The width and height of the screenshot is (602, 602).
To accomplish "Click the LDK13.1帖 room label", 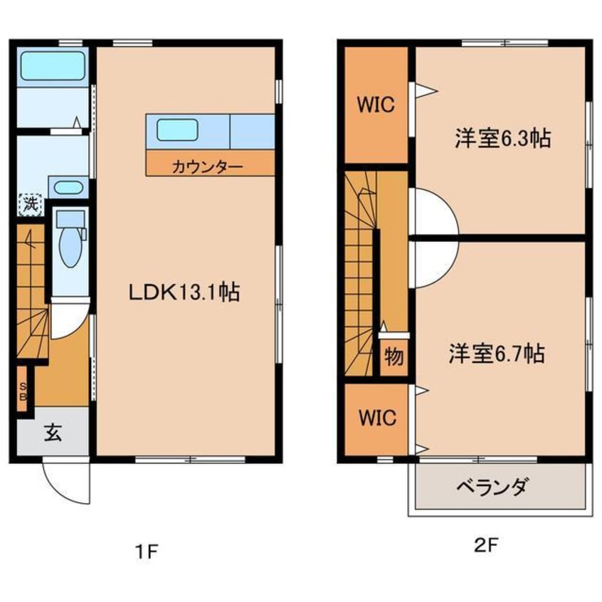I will point(184,292).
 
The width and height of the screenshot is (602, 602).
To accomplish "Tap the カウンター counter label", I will point(206,167).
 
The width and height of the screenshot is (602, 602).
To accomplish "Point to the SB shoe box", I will point(22,389).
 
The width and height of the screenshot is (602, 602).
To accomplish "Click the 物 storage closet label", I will point(394,354).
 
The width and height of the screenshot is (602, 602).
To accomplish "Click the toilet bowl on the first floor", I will point(70,246).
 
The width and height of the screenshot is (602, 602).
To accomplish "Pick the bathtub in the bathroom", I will point(53,67).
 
